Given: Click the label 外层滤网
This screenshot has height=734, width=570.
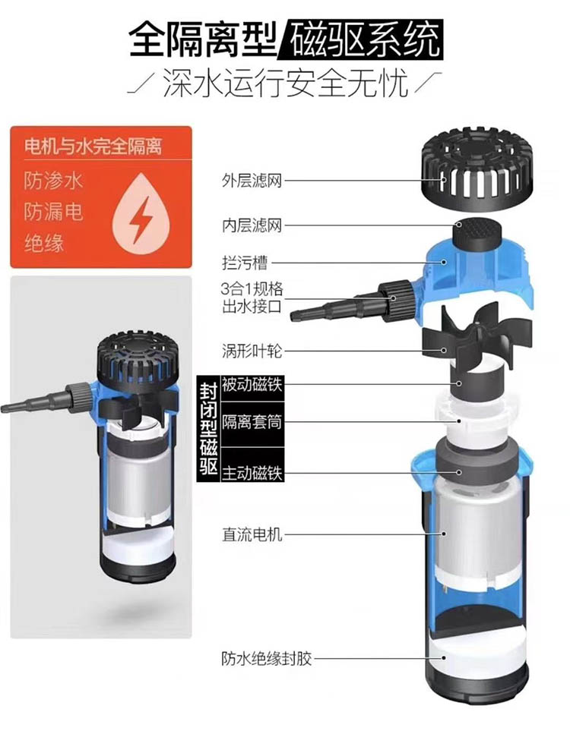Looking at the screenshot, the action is [x=252, y=181].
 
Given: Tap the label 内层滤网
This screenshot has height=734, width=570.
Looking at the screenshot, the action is [x=252, y=225].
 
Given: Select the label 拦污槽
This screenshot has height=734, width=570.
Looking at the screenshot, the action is [x=244, y=263].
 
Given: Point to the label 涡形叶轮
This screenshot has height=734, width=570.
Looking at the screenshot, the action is [x=252, y=350].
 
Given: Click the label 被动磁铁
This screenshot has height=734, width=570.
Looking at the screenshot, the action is [x=252, y=385].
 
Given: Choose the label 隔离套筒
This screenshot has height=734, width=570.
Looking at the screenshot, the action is [x=252, y=422].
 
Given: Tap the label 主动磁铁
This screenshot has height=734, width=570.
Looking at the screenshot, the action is [x=252, y=473].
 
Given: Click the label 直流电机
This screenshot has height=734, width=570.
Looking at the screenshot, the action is [x=252, y=534].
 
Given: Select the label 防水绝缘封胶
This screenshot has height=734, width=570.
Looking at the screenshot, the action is [x=266, y=659].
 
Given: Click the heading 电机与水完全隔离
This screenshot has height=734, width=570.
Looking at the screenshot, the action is [x=93, y=146].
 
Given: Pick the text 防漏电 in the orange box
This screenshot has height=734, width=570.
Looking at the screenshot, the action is [x=53, y=212].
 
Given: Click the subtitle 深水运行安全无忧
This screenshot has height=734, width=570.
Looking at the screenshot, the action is [x=285, y=83].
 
